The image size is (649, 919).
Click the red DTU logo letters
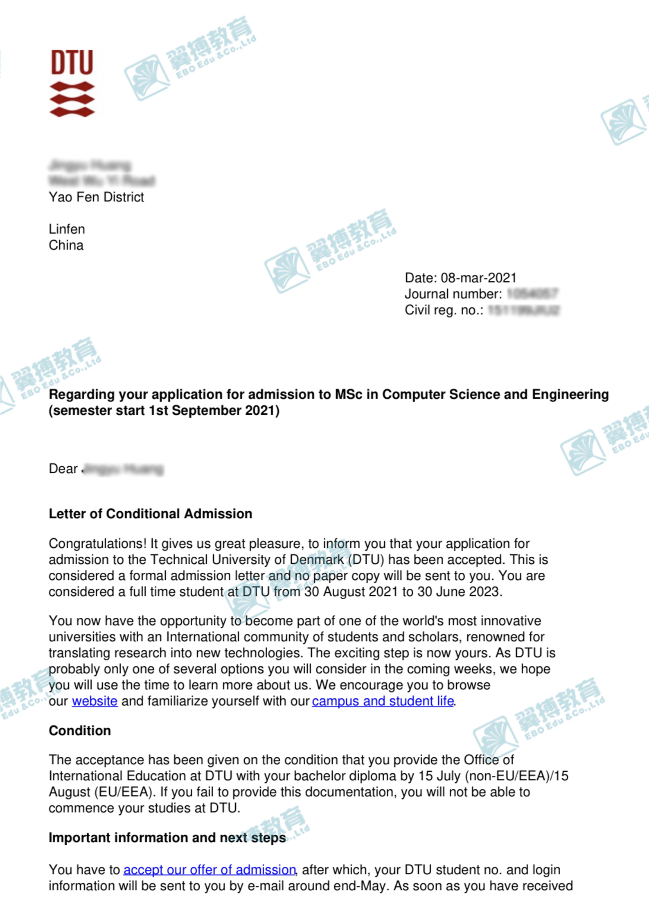click(72, 63)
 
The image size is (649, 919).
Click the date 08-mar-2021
click(478, 278)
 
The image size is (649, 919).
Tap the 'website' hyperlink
click(95, 701)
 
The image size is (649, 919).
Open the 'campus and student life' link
click(383, 701)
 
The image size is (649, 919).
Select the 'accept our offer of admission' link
click(209, 869)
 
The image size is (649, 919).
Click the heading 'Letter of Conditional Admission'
click(150, 514)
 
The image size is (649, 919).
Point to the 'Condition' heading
click(80, 731)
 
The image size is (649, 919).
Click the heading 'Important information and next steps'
click(167, 838)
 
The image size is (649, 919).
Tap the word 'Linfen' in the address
click(67, 229)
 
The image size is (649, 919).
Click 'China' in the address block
click(66, 245)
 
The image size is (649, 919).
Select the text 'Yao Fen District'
click(96, 197)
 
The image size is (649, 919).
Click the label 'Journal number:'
click(453, 294)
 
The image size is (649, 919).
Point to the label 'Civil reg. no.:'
click(444, 310)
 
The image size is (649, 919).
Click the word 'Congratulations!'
click(97, 544)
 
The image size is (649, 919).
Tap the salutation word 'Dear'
click(63, 469)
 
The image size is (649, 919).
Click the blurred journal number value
click(532, 294)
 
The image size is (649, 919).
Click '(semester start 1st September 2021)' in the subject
click(164, 411)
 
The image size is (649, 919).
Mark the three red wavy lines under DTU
click(72, 99)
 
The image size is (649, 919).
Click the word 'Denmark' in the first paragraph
click(316, 560)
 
